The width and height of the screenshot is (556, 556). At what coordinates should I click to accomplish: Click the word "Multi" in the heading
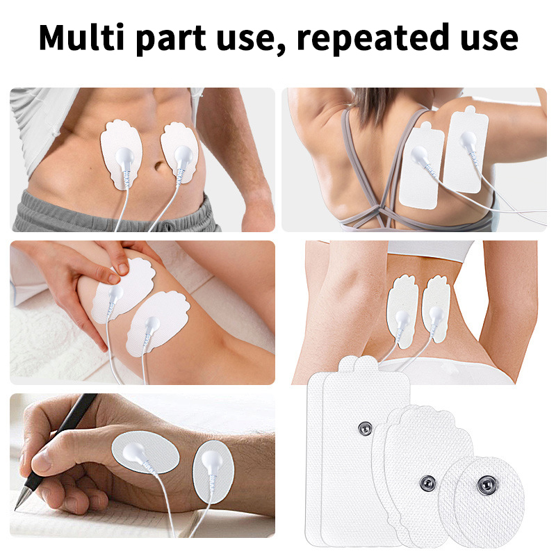coord(81,37)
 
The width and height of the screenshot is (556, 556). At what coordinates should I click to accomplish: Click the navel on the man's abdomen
coord(158,166)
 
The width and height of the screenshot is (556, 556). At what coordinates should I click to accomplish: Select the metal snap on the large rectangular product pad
coord(365,428)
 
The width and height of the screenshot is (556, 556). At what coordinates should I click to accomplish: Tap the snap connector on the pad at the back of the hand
coord(134,452)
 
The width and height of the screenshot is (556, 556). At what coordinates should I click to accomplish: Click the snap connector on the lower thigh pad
coord(152,324)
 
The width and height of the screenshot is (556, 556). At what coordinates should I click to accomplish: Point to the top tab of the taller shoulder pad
coord(470,110)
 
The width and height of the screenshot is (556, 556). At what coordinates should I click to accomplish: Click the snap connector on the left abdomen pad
coord(125,155)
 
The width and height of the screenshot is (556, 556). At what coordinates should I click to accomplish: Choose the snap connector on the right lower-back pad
coord(436,314)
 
